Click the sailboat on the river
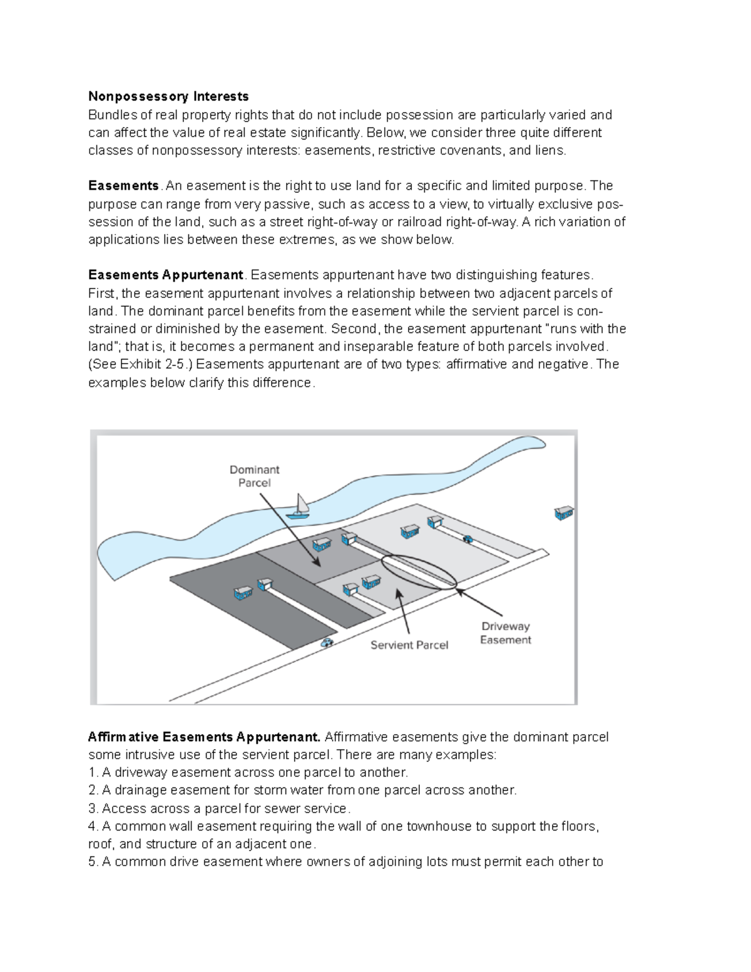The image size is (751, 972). [299, 507]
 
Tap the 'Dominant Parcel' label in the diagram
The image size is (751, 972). [254, 476]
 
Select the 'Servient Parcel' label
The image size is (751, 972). [409, 645]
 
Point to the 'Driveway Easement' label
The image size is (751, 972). [505, 633]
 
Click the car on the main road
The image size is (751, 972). [327, 642]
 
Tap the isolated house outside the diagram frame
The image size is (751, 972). [564, 513]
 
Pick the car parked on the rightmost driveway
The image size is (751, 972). [467, 539]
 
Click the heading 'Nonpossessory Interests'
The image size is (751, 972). [168, 96]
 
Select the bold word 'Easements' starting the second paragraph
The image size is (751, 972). [124, 186]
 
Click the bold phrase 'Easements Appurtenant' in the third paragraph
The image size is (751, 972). [166, 275]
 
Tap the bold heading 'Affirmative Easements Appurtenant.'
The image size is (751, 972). [204, 737]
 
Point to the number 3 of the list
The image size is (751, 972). [92, 808]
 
